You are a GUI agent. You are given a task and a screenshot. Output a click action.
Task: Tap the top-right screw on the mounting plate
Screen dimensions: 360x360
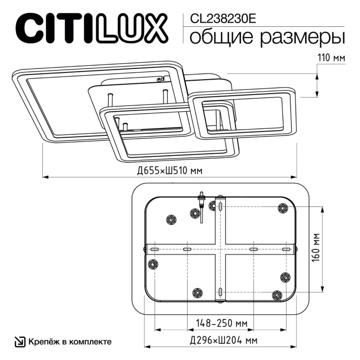pos(282,208)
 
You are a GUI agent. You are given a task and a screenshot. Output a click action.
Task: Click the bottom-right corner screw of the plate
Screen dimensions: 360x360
pos(278,295)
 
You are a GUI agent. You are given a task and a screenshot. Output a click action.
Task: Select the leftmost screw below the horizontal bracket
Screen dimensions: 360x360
pos(152,264)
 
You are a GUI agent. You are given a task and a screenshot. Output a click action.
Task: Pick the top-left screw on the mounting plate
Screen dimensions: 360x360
pos(170,220)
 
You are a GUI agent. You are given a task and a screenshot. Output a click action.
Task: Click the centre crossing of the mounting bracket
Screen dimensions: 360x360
pos(221,248)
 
